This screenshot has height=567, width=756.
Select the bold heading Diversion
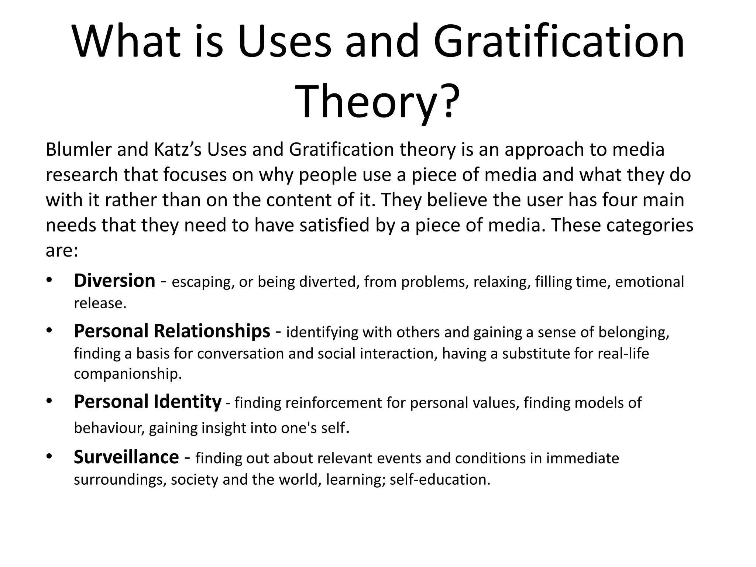tap(114, 281)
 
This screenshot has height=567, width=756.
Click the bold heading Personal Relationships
tap(172, 331)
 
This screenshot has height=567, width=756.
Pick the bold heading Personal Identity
tap(148, 402)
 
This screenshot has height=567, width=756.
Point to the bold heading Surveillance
tap(126, 457)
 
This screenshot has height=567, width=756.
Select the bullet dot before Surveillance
tap(49, 457)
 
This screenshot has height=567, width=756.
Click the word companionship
tap(128, 374)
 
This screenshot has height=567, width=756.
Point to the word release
tap(100, 303)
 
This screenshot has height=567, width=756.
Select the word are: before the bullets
tap(62, 251)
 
